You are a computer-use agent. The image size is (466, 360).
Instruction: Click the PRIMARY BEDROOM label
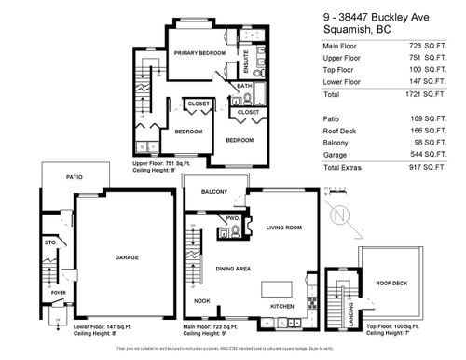point(200,54)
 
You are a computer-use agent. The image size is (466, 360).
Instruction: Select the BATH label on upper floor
point(244,87)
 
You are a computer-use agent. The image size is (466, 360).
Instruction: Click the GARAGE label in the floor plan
point(127,257)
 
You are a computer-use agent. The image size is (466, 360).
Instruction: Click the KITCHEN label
point(282,306)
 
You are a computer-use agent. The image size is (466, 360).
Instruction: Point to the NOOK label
point(201,300)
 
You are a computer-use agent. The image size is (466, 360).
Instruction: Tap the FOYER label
point(57,291)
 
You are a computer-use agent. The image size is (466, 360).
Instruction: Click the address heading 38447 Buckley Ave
point(377,14)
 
